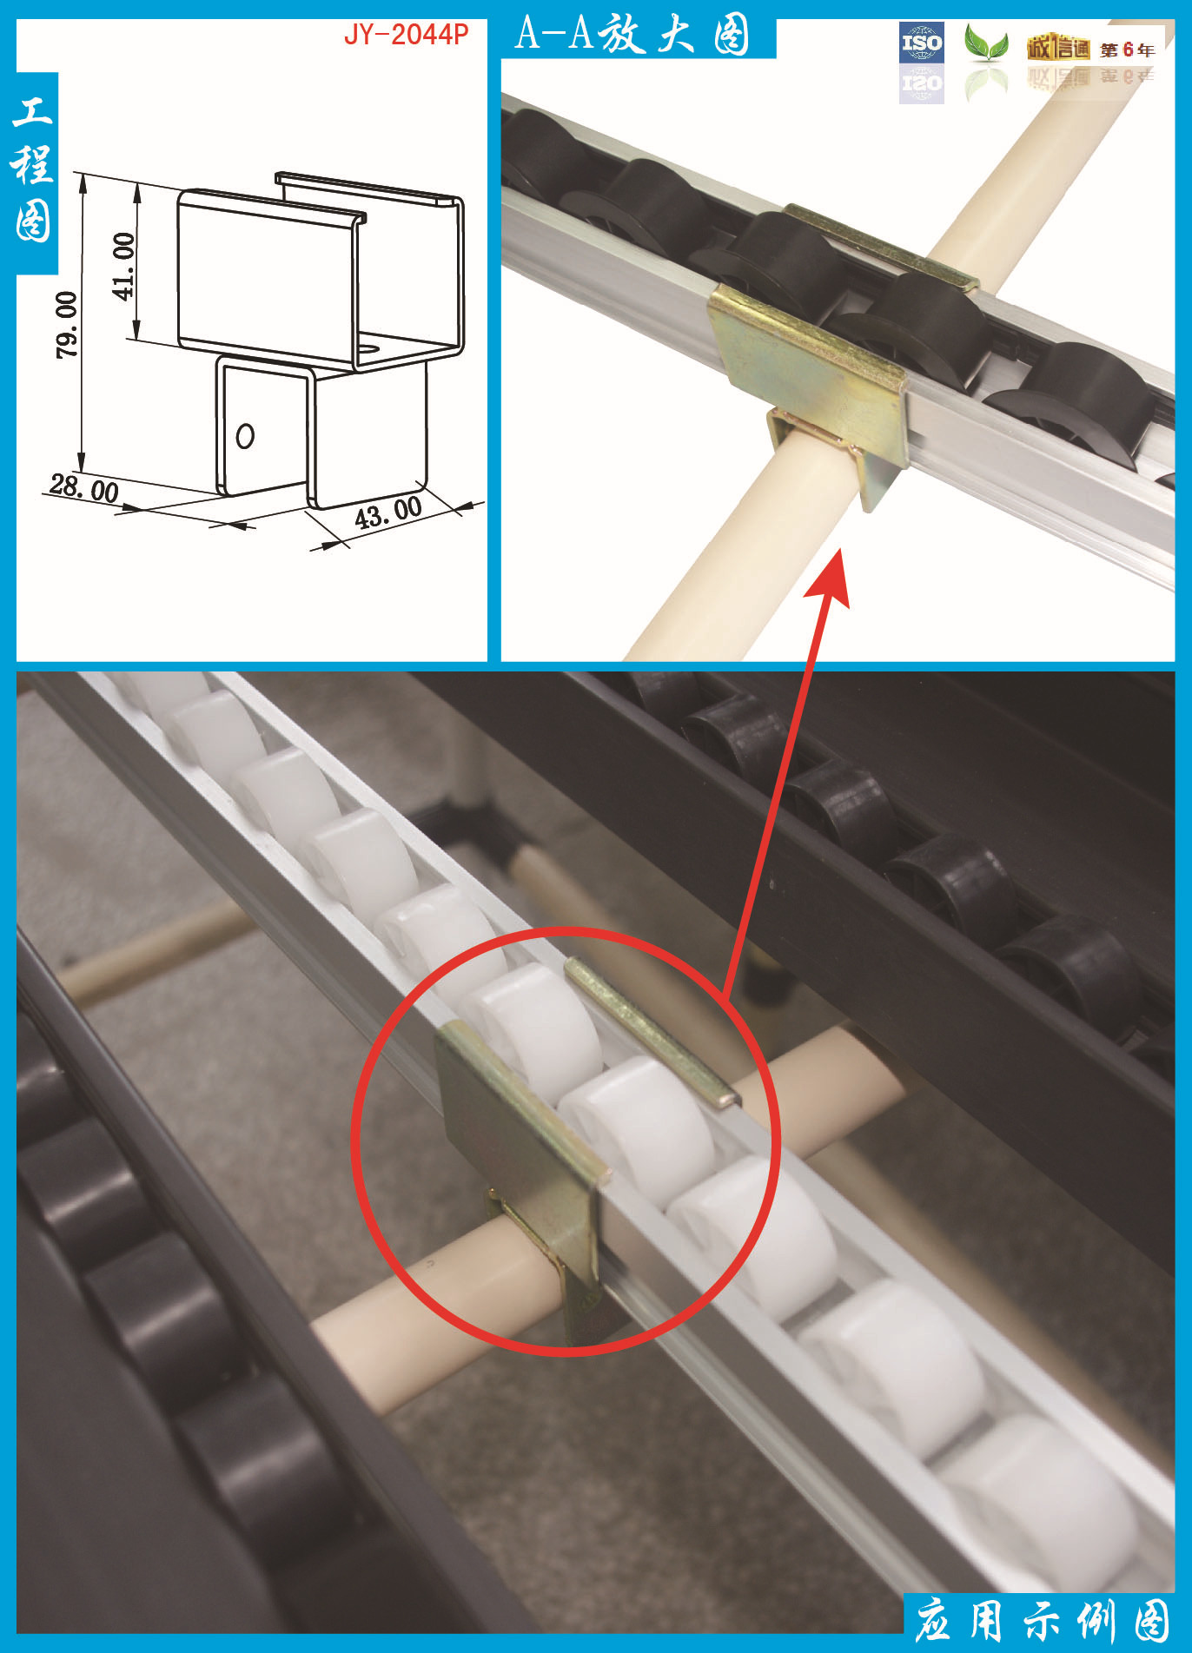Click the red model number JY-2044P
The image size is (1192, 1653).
(x=406, y=35)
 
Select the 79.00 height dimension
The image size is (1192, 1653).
(x=67, y=324)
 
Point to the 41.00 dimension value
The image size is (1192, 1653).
(x=124, y=266)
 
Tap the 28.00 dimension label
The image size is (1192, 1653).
(x=84, y=488)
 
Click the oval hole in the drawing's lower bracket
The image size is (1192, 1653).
(x=245, y=435)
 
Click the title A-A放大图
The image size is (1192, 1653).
(x=632, y=35)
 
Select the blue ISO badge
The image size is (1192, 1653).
(x=922, y=43)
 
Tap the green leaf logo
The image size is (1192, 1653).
(x=986, y=43)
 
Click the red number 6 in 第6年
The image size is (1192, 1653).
(x=1128, y=50)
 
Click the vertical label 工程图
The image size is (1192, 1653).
(x=33, y=169)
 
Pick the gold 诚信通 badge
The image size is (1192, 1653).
(x=1057, y=48)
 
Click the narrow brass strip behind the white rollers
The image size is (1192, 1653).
(x=652, y=1032)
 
